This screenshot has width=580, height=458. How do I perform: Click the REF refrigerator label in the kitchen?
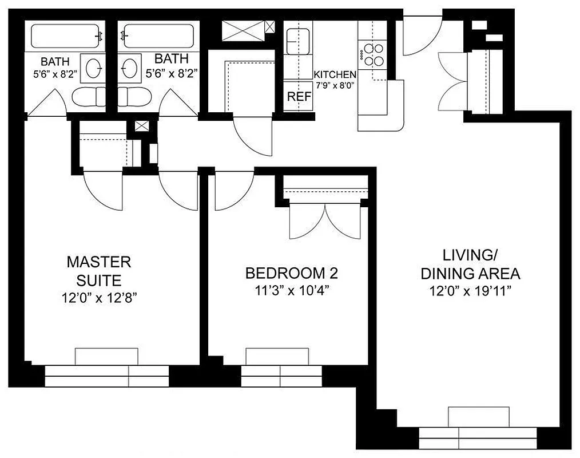[x=299, y=97]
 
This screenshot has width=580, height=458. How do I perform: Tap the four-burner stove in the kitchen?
[x=373, y=54]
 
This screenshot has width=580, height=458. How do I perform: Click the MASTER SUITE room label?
[x=99, y=271]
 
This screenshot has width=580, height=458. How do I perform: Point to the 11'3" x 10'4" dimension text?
[x=287, y=290]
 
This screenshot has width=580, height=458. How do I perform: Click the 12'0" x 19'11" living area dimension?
[x=470, y=291]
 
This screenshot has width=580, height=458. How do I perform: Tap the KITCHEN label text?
[x=335, y=74]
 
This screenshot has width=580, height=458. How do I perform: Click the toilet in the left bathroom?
[x=89, y=97]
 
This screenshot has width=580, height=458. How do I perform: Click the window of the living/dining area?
[x=478, y=438]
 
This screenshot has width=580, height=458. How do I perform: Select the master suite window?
[x=106, y=376]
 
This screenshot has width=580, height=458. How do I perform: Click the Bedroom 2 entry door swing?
[x=233, y=192]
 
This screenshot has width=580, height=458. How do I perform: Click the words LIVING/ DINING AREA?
[x=470, y=263]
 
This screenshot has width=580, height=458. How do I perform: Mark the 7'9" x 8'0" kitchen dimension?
[x=335, y=85]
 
